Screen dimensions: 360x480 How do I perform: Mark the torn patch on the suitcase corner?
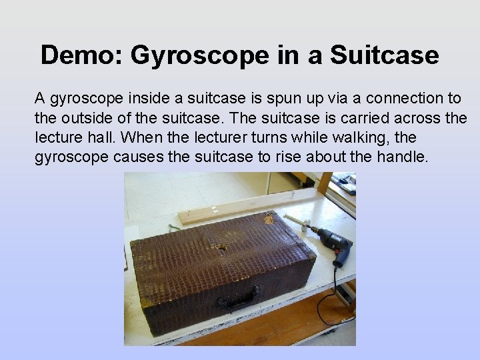[269, 218]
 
